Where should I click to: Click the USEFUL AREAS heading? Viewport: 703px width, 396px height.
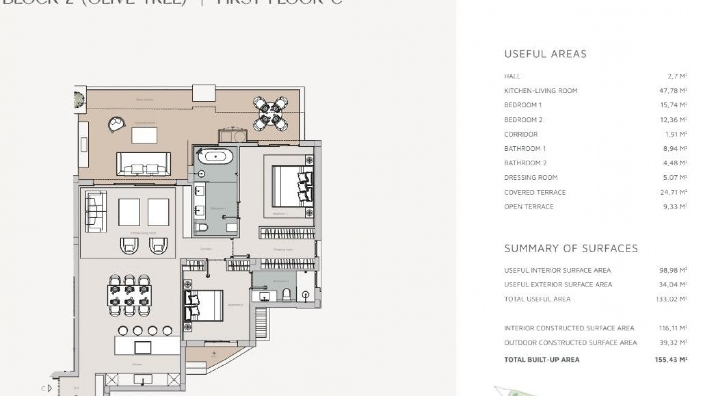[x=545, y=54]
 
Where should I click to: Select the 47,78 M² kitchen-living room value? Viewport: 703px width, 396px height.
[x=673, y=91]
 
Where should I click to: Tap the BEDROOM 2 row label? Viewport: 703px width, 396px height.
[x=523, y=120]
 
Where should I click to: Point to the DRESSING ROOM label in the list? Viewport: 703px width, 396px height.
[x=531, y=177]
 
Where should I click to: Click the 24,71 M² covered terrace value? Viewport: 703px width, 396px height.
[x=673, y=192]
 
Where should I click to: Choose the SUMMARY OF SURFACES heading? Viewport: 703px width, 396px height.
[x=571, y=249]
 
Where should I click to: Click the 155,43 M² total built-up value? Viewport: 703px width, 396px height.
[x=671, y=360]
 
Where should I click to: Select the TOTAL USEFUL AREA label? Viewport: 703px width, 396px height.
[x=537, y=299]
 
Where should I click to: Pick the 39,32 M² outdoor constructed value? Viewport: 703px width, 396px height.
[x=673, y=342]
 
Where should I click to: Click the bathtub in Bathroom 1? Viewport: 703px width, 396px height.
[x=216, y=157]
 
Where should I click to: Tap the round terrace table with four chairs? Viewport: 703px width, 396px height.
[x=270, y=114]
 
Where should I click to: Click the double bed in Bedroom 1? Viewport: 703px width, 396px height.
[x=292, y=187]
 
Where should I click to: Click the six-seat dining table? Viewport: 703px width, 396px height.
[x=129, y=296]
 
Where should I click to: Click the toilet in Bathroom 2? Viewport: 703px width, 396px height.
[x=287, y=294]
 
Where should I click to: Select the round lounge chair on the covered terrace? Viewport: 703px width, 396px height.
[x=117, y=124]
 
